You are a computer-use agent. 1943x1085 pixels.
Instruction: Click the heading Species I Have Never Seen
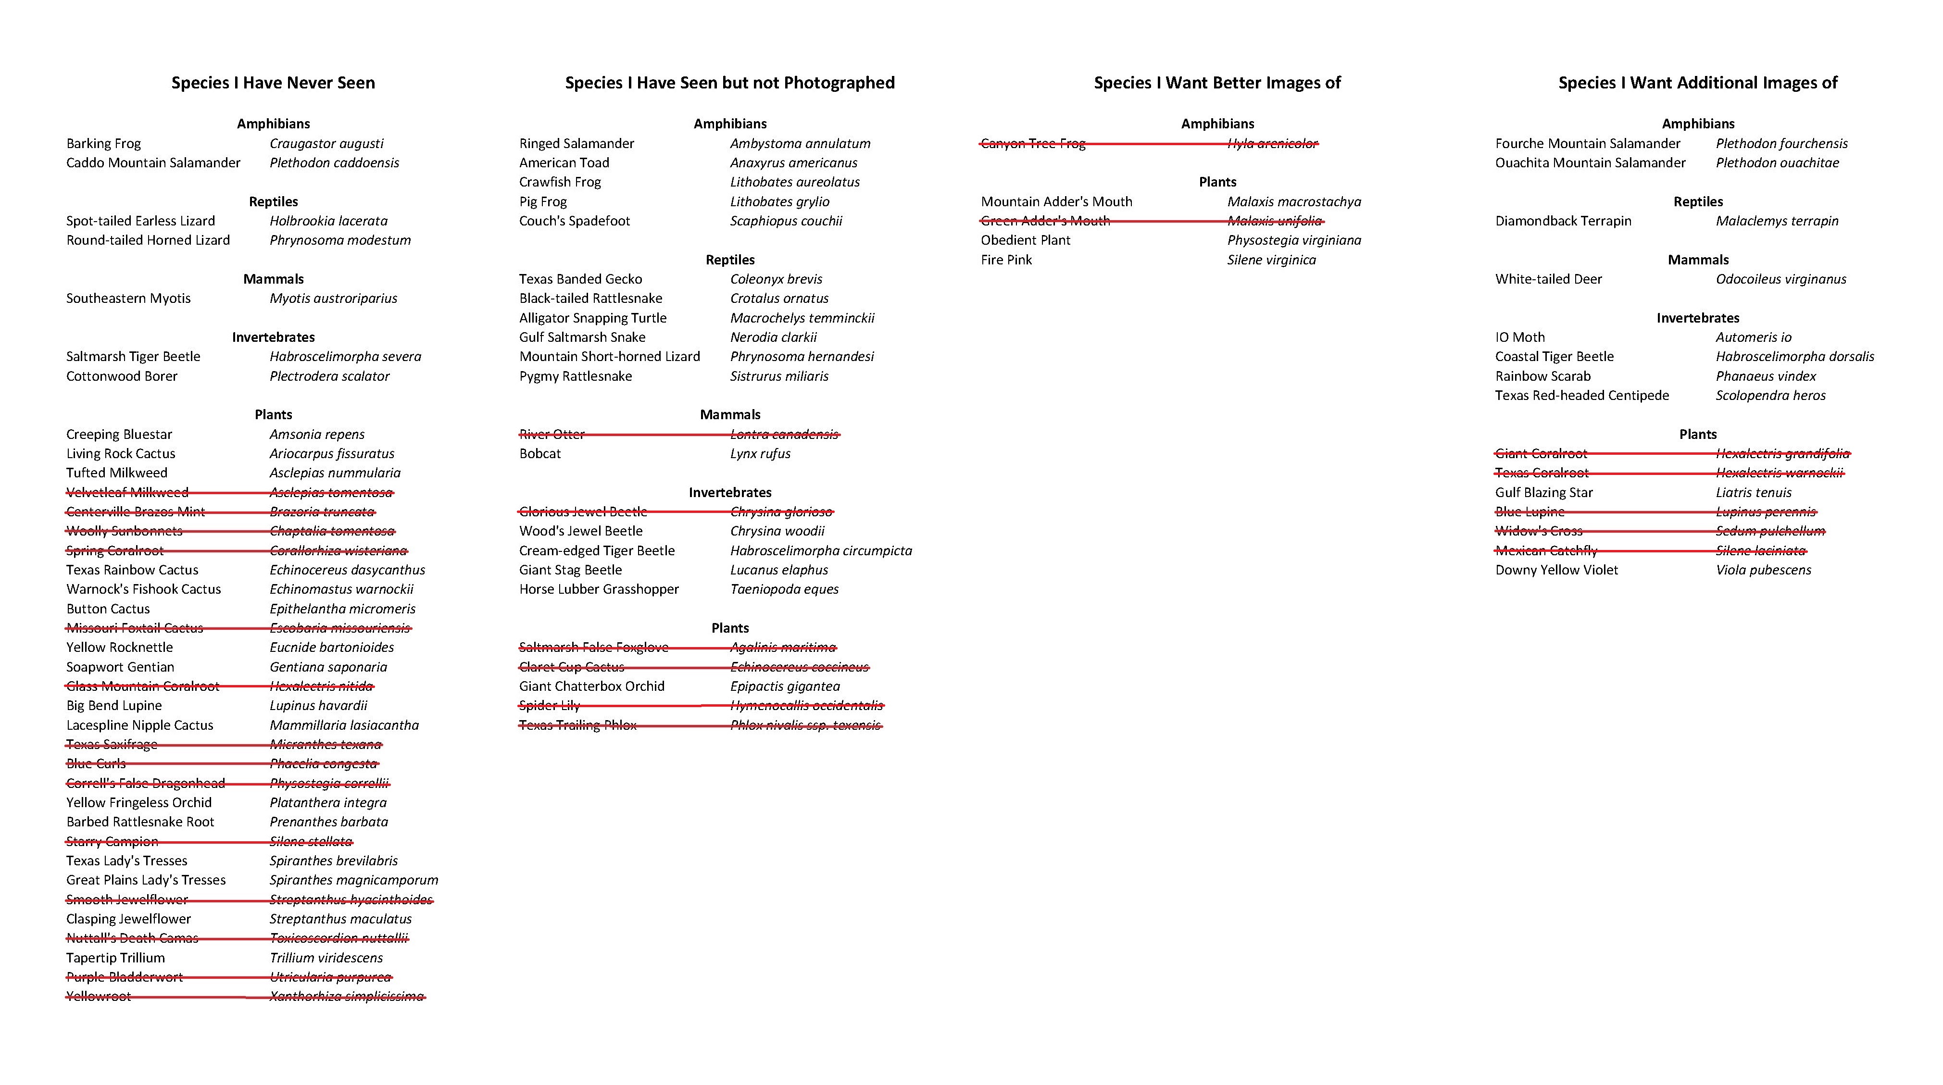273,83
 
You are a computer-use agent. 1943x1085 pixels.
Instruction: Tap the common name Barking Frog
103,143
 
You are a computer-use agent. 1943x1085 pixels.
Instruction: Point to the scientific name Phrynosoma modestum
340,240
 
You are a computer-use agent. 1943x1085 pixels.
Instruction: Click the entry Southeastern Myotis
128,298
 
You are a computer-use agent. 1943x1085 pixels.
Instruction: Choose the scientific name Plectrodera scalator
330,375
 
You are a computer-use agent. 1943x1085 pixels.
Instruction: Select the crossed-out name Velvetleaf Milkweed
127,492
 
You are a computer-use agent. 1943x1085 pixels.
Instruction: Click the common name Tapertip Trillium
115,958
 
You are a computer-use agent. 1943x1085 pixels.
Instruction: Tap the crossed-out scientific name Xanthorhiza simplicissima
347,996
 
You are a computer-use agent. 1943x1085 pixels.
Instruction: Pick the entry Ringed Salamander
576,143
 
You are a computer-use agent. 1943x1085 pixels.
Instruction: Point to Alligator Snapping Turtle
593,317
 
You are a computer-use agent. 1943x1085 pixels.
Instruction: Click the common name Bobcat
540,453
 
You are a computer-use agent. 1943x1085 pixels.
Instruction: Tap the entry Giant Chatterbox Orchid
592,686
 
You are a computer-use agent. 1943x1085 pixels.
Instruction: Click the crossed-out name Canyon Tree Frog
1033,143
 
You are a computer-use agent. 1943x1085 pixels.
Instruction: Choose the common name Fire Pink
1006,260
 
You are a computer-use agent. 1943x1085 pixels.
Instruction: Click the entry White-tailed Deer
1549,279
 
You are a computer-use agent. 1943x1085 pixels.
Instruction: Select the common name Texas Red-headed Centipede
1582,395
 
